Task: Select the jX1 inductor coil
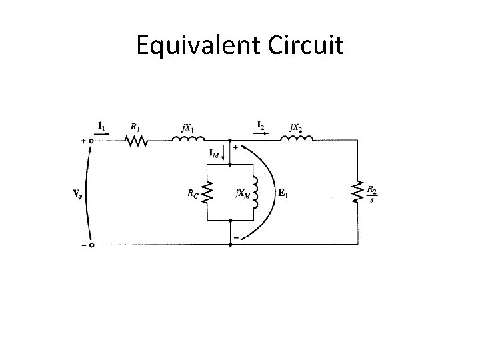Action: [x=189, y=140]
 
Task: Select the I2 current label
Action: [x=261, y=125]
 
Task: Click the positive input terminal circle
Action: [x=91, y=141]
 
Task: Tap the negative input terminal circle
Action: [x=91, y=245]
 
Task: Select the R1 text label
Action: [x=135, y=125]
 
